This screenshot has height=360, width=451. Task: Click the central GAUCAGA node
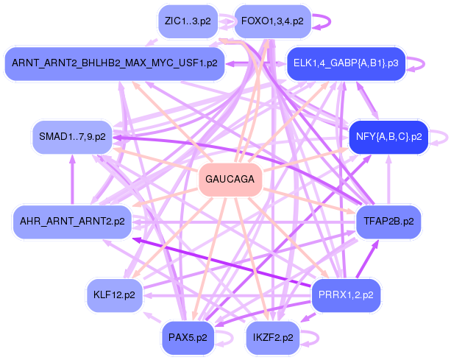[230, 180]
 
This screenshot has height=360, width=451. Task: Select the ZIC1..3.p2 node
[188, 21]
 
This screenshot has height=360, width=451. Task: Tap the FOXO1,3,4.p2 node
[271, 21]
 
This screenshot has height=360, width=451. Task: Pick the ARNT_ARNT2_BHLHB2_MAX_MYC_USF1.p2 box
[114, 63]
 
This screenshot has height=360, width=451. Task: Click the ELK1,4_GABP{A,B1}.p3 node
[345, 63]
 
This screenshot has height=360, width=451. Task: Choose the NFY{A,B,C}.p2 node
[388, 136]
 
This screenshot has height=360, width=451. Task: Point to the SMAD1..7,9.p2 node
[71, 136]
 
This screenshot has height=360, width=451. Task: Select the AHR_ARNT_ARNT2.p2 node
[71, 220]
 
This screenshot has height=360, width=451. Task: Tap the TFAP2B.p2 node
[388, 220]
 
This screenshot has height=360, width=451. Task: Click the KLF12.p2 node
[114, 295]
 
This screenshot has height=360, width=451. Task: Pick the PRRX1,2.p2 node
[346, 295]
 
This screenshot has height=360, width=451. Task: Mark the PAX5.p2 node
[188, 338]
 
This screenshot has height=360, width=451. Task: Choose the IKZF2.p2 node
[272, 338]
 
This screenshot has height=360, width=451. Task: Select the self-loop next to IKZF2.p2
[314, 338]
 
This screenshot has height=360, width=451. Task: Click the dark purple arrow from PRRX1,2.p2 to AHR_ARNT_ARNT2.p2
[221, 258]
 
